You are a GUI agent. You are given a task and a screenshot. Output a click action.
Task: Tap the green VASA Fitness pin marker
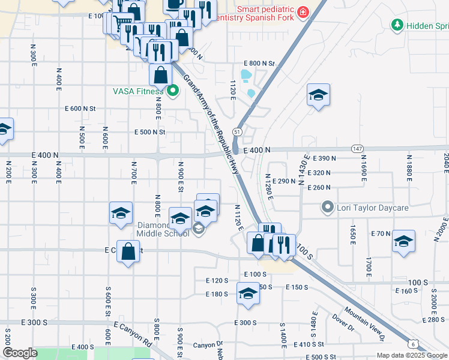pyautogui.click(x=173, y=92)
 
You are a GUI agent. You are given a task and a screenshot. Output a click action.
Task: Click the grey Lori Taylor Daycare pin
pyautogui.click(x=327, y=208)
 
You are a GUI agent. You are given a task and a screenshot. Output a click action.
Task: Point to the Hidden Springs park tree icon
pyautogui.click(x=396, y=25)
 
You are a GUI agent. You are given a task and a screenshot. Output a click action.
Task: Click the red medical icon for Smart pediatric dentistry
pyautogui.click(x=303, y=12)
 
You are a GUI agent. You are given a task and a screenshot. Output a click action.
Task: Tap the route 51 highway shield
pyautogui.click(x=238, y=131)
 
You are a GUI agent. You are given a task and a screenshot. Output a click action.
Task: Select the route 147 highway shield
pyautogui.click(x=358, y=148)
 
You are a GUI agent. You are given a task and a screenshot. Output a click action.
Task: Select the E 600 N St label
pyautogui.click(x=80, y=109)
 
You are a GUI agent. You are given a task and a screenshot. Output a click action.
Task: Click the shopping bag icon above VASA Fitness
pyautogui.click(x=160, y=76)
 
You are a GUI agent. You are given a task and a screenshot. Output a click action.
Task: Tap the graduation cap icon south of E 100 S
pyautogui.click(x=247, y=294)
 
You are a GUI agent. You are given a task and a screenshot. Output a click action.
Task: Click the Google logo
pyautogui.click(x=20, y=353)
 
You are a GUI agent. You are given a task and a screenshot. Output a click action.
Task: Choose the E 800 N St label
pyautogui.click(x=259, y=63)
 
